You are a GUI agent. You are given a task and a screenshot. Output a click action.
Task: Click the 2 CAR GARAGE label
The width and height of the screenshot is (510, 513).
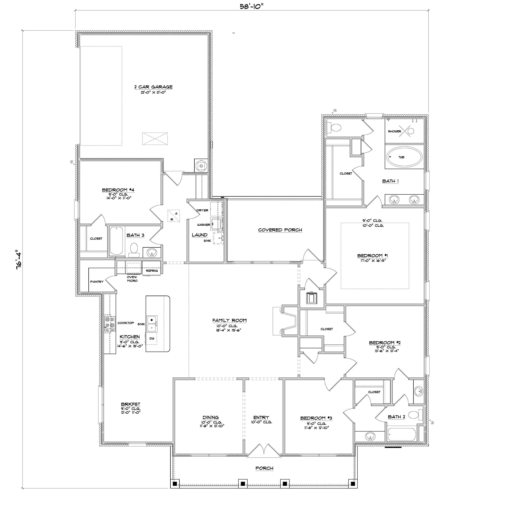point(153,87)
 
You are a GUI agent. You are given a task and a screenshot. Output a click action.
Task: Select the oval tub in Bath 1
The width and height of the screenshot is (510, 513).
point(404,157)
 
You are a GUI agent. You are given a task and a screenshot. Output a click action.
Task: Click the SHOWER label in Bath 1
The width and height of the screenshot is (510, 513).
point(394,131)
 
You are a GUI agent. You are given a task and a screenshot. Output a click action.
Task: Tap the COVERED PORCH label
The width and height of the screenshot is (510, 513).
point(280,230)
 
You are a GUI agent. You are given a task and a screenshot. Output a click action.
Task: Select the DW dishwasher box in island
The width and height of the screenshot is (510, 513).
point(152,339)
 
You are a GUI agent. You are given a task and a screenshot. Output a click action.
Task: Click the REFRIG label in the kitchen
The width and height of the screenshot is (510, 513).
point(152,271)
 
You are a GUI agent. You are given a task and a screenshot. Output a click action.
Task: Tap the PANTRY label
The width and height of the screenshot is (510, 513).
point(97,282)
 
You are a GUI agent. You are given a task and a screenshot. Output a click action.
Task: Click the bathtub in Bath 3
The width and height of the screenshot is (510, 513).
point(116,241)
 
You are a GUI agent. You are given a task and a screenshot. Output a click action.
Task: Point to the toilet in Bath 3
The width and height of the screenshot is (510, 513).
point(134,249)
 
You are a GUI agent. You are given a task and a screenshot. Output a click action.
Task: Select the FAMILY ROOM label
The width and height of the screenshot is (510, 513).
point(229,320)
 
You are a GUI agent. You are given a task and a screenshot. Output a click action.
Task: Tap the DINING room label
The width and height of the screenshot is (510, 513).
point(210,417)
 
